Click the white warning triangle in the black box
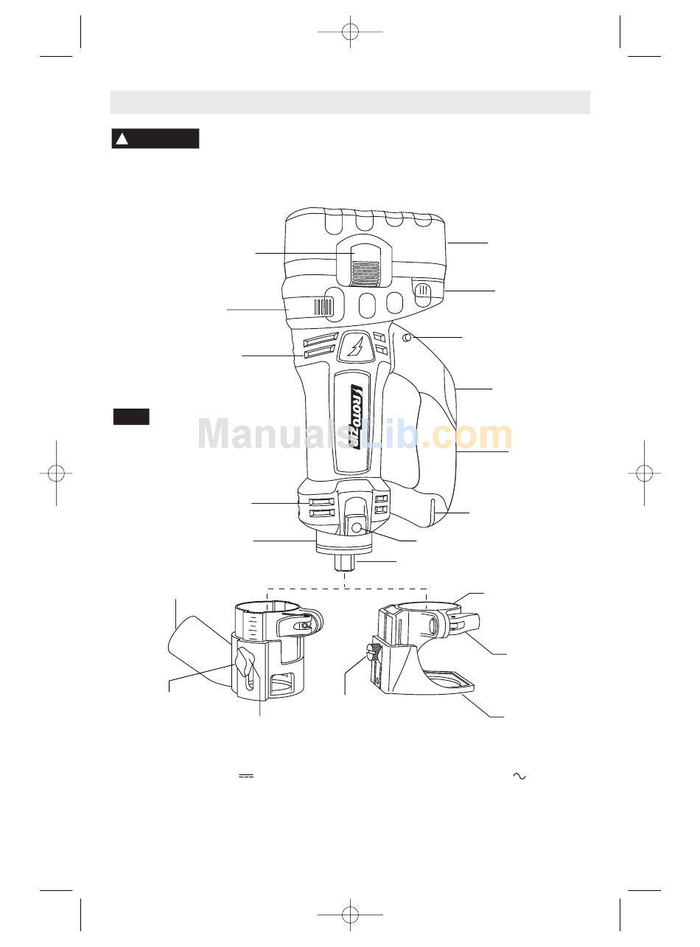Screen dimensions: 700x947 (122, 139)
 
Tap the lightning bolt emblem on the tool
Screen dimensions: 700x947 (355, 347)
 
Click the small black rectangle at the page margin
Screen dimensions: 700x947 (131, 417)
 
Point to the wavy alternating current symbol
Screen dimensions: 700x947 (519, 776)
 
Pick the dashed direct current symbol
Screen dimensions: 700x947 (246, 776)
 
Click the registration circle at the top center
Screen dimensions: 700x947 (350, 32)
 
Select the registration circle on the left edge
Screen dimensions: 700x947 (56, 473)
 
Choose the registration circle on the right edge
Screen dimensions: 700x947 (644, 473)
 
